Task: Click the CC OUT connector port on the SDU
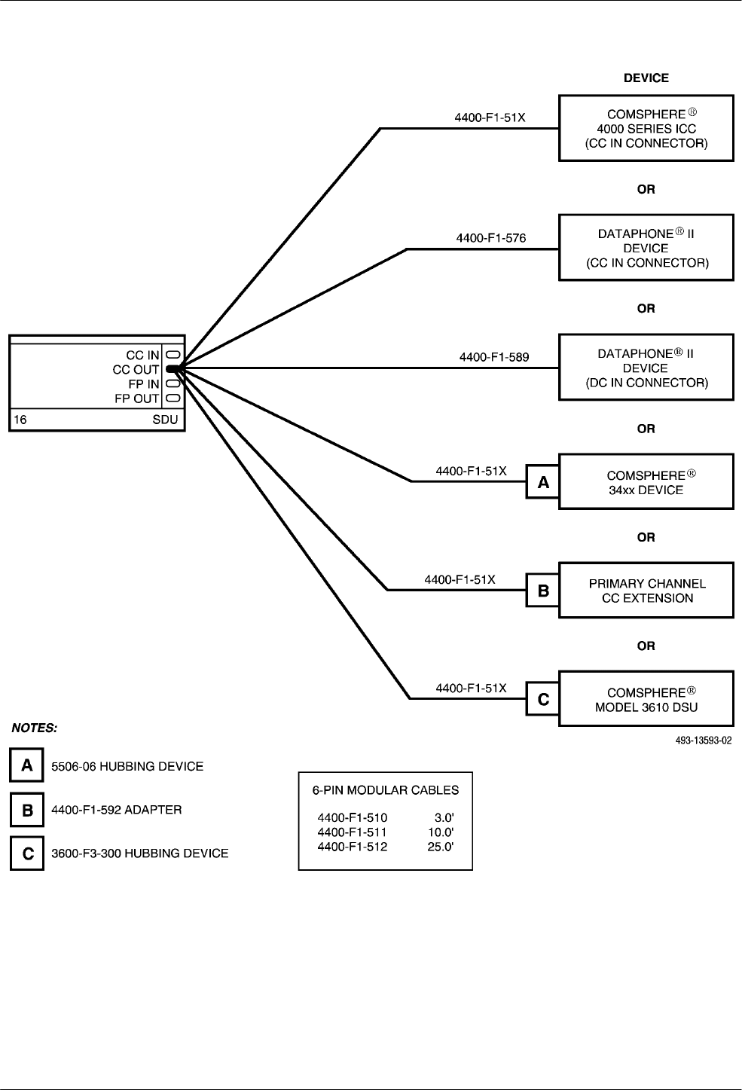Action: point(173,369)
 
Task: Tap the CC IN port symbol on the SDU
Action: point(173,355)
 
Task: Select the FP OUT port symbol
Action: point(173,398)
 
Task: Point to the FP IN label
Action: point(144,384)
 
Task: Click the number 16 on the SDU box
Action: point(20,420)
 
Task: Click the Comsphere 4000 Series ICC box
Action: point(646,128)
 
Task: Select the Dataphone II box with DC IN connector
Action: point(646,368)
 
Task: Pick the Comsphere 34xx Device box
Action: point(646,482)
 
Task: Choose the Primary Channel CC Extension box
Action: point(646,591)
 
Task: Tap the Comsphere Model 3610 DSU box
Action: point(646,699)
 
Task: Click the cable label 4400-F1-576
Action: point(491,238)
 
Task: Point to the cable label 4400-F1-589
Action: point(494,357)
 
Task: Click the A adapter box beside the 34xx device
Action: point(542,482)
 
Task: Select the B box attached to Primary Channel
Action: point(542,591)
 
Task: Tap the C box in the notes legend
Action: point(27,853)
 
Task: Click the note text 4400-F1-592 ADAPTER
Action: point(117,810)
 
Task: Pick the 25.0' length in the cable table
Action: point(441,847)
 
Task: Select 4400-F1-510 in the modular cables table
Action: point(353,817)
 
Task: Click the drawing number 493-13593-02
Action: point(704,740)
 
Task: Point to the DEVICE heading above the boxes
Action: point(646,78)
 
